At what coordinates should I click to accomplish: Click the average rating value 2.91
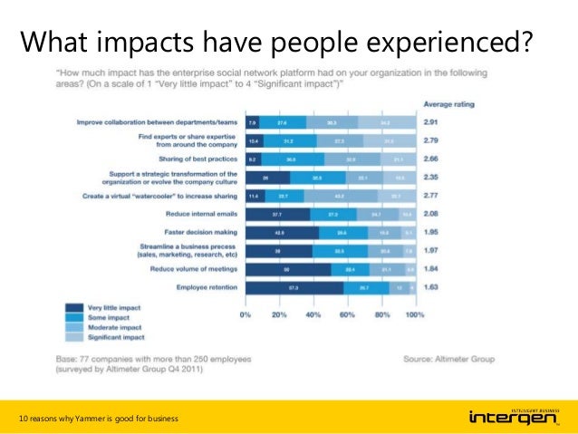(x=435, y=121)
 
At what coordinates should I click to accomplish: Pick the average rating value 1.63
(x=435, y=287)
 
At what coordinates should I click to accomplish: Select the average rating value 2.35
(x=435, y=177)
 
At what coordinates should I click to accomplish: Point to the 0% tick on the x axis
(x=245, y=314)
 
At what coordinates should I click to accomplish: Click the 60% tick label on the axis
(x=348, y=314)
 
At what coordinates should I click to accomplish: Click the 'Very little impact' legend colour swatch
(x=70, y=307)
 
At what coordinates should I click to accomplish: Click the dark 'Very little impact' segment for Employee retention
(x=294, y=287)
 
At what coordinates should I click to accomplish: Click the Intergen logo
(x=512, y=416)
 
